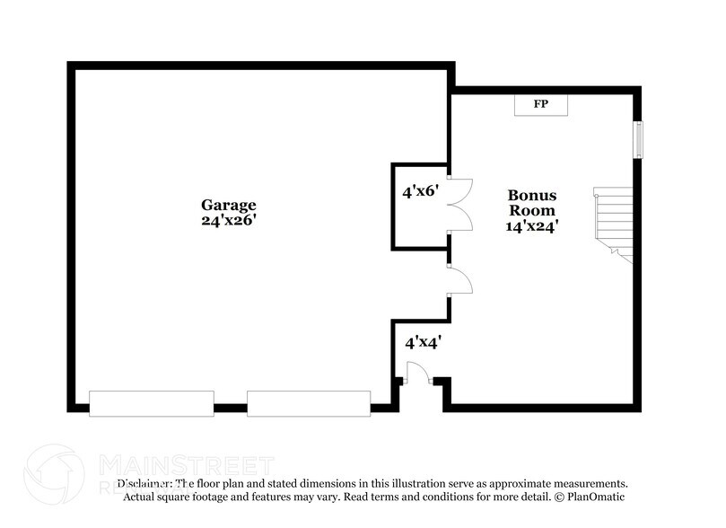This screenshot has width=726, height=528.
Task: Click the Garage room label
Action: coord(228,205)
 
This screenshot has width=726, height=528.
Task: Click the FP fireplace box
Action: coord(541,105)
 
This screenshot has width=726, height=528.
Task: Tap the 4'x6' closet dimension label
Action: coord(420,191)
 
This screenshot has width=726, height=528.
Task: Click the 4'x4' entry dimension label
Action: coord(423,342)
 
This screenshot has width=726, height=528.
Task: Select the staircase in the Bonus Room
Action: coord(614,222)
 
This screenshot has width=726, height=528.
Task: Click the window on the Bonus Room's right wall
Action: coord(639,140)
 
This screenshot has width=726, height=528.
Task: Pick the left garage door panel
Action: coord(152,403)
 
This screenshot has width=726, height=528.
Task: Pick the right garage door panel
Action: coord(309,403)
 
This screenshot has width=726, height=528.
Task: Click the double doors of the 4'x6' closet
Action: coord(459,205)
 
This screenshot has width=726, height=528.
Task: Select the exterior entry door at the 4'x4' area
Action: coord(418,374)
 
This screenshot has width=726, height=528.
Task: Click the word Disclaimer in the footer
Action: coord(144,483)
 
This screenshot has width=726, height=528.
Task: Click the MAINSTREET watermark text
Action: coord(185,465)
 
